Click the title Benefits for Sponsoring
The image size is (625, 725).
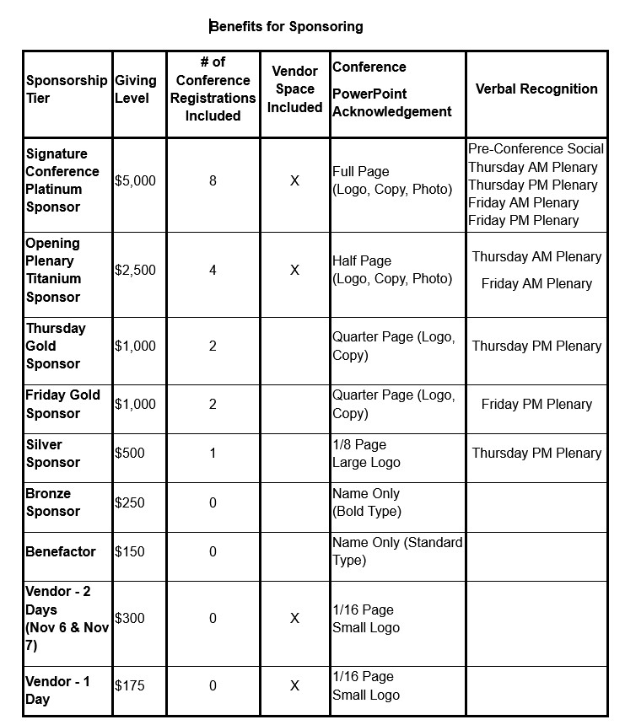287,26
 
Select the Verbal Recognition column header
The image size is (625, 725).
536,89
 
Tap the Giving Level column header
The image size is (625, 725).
135,89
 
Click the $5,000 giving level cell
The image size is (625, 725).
135,180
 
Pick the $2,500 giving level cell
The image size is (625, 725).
135,271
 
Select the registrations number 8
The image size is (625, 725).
213,180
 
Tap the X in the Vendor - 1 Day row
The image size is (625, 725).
294,685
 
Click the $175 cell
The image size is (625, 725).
130,685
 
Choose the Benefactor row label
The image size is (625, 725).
61,551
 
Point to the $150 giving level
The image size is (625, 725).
130,551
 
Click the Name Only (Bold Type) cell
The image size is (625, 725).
367,502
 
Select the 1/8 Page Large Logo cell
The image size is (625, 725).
367,453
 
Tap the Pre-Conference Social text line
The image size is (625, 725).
536,149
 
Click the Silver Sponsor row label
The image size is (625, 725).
52,453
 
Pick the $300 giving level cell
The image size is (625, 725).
130,618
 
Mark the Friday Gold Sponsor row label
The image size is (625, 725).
62,404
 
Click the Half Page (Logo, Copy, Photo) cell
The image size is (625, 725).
391,270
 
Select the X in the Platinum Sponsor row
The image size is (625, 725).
294,180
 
